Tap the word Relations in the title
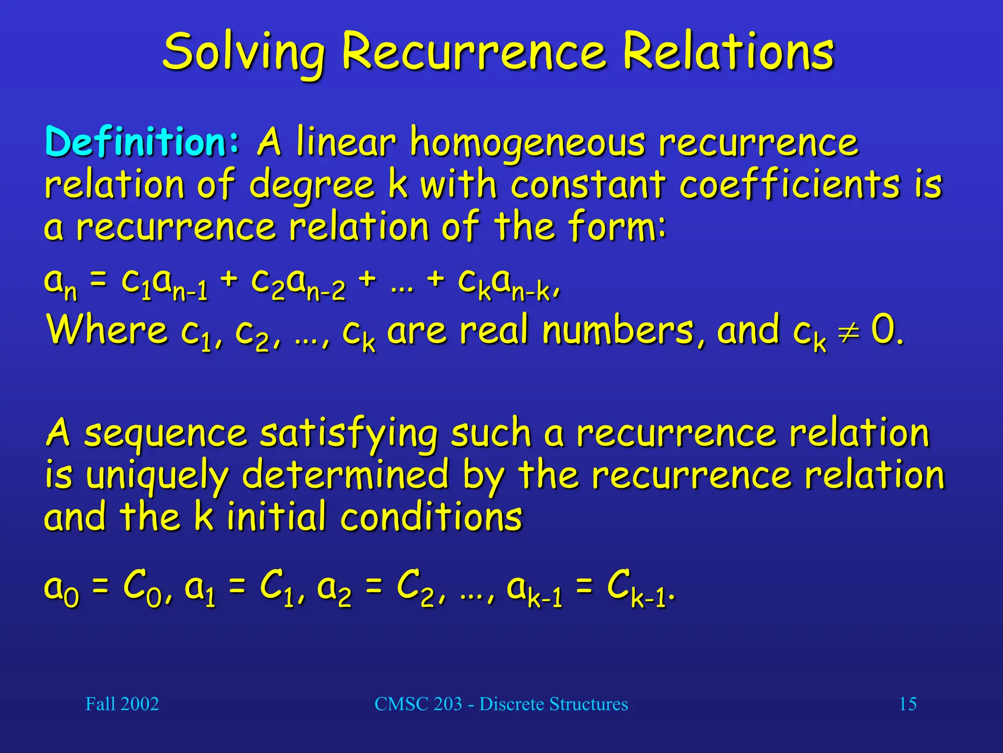(728, 52)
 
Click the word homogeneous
(528, 143)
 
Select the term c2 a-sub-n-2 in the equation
(298, 284)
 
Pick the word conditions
(431, 517)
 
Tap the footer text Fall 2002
(122, 704)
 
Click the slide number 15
(907, 704)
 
